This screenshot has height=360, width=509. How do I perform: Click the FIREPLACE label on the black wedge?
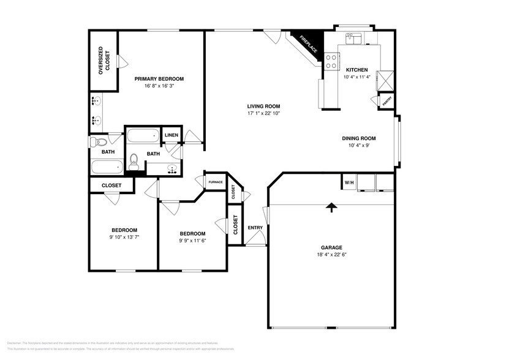click(x=308, y=43)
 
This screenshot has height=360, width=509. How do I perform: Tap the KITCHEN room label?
click(x=356, y=70)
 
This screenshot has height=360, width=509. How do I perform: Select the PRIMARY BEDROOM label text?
click(x=159, y=79)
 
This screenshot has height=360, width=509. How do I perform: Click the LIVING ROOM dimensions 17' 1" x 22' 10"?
click(x=263, y=113)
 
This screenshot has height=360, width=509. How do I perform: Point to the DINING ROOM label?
click(x=358, y=138)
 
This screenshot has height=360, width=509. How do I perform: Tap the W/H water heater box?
click(x=349, y=182)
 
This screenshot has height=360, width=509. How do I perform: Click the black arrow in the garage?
click(x=331, y=208)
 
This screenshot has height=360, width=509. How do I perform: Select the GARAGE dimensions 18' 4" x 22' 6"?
click(x=331, y=254)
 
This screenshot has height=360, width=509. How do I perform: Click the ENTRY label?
click(x=255, y=228)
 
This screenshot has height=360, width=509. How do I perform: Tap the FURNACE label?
click(x=215, y=182)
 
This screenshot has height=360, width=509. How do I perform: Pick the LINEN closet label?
click(x=172, y=135)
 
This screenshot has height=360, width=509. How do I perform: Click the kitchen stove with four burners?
click(x=331, y=61)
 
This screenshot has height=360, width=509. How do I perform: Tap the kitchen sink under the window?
click(x=354, y=39)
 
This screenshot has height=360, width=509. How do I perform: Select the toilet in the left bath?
click(x=95, y=143)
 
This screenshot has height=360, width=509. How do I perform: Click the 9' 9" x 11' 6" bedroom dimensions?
click(x=192, y=241)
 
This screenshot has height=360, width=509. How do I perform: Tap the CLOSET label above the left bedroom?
click(x=111, y=185)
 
